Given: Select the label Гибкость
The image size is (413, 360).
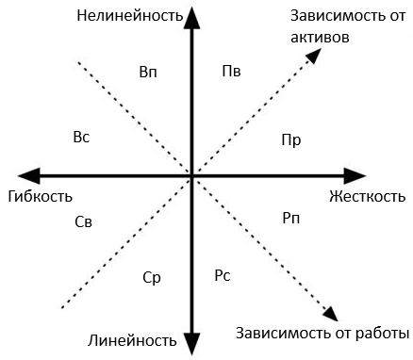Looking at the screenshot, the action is point(39,197).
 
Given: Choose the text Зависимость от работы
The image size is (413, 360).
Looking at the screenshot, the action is point(322,333).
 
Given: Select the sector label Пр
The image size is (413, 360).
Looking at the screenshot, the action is point(291,139).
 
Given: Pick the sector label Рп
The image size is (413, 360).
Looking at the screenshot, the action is point(291,219).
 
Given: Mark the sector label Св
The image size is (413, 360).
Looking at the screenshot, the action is point(83,221).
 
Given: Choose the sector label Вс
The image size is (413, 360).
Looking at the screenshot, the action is point(81,138).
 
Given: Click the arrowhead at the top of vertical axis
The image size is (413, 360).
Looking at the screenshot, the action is point(192,15).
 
